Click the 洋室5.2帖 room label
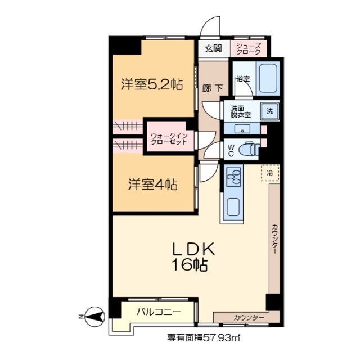pos(151,85)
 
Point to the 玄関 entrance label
pos(213,48)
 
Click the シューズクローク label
pos(249,48)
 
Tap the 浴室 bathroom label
pos(243,79)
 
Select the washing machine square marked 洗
pos(271,111)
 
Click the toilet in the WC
pos(247,149)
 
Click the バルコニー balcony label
pos(158,312)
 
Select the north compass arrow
pos(93,318)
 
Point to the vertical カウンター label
pos(274,239)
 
